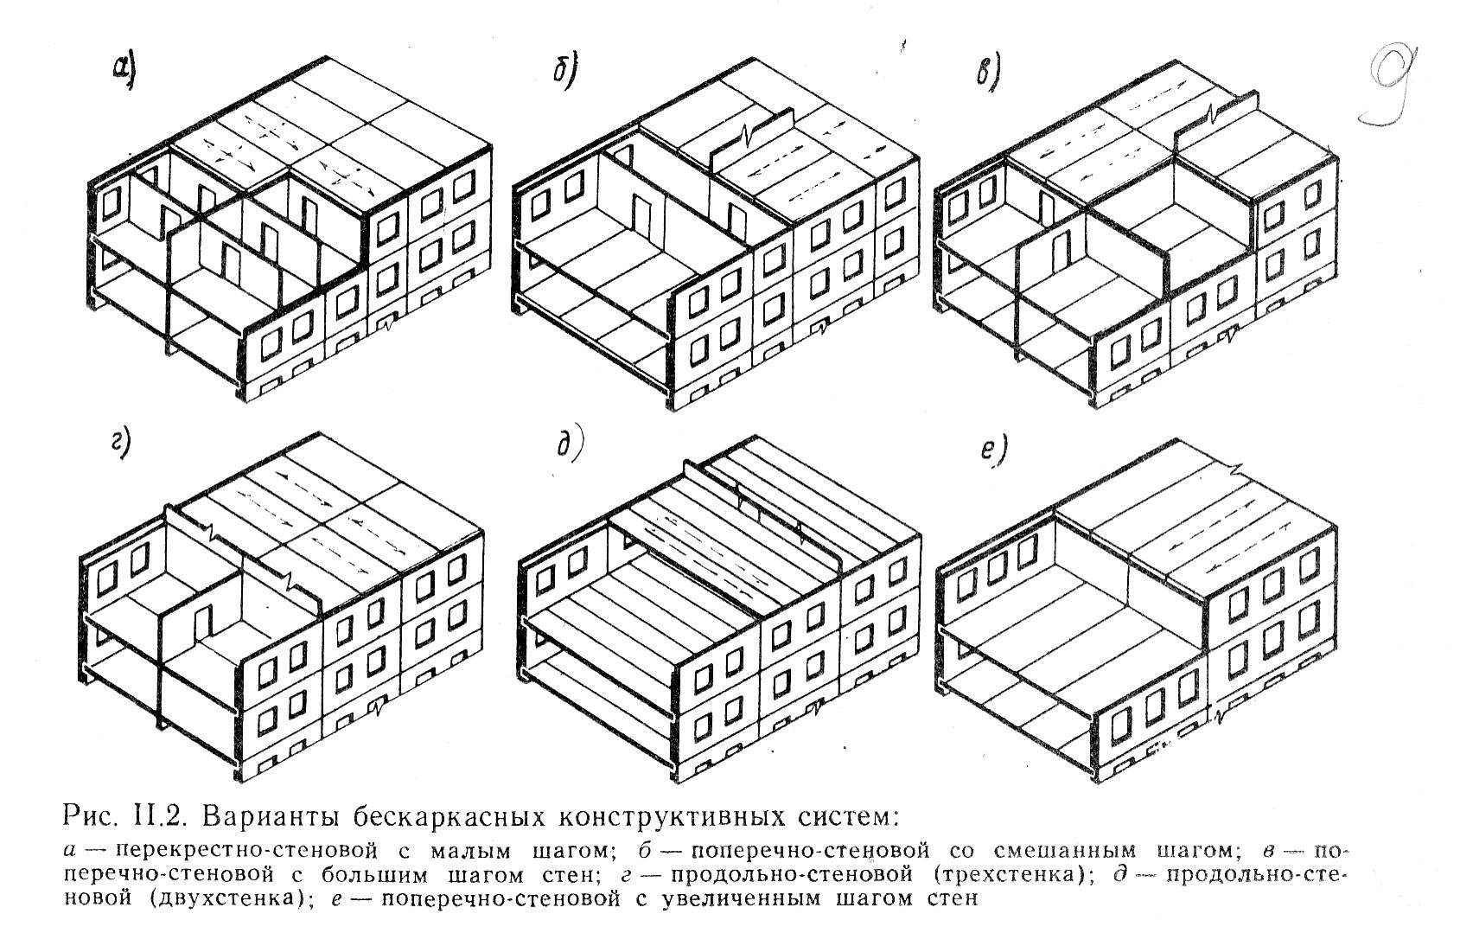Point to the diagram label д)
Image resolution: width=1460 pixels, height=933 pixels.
pyautogui.click(x=569, y=445)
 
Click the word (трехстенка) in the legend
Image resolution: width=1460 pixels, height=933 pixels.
pyautogui.click(x=1006, y=874)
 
